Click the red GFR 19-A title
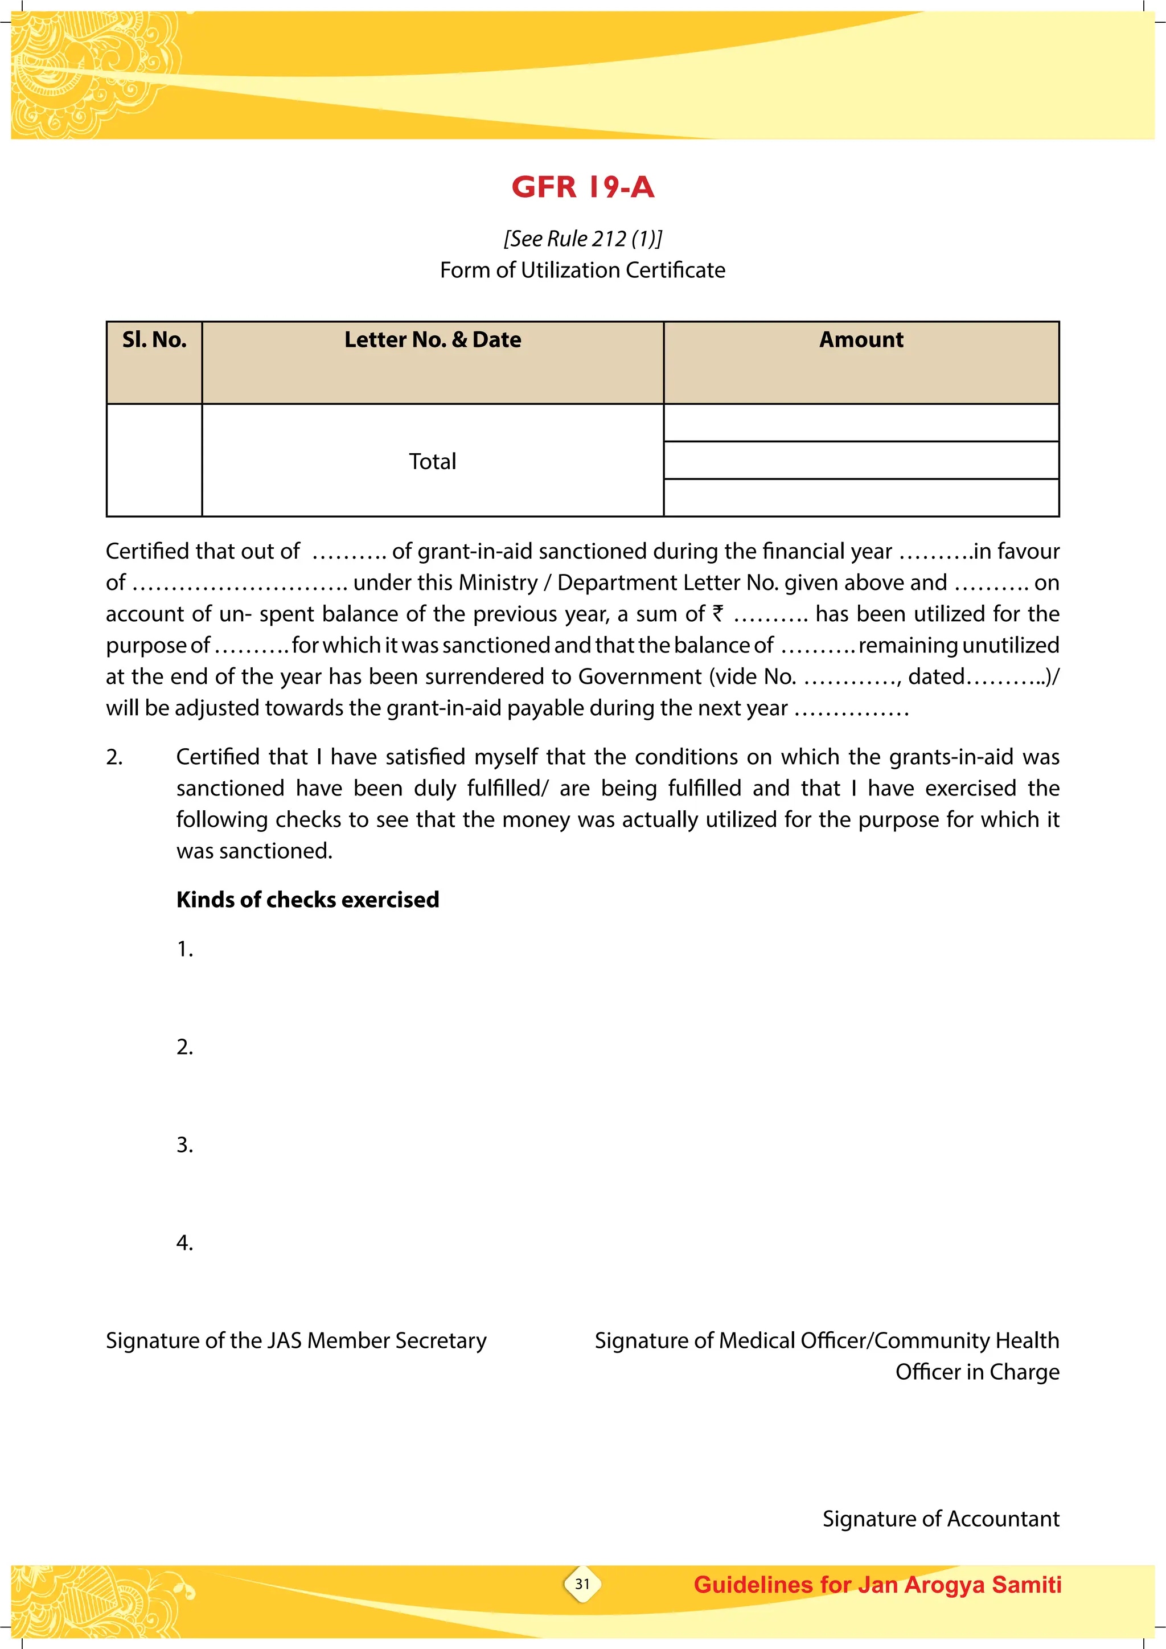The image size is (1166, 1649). pos(582,187)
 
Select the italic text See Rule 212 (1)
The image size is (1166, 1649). pos(582,239)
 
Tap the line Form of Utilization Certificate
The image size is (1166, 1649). pos(582,270)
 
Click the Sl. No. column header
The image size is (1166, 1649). pos(154,340)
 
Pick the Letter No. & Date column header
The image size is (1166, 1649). pos(432,340)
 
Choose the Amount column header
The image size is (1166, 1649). pos(861,340)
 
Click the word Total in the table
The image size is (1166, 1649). pos(432,461)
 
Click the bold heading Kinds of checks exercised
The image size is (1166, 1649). pos(307,899)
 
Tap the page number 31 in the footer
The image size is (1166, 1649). pos(582,1584)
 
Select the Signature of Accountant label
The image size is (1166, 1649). pos(941,1518)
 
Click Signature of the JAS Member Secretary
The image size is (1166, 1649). pos(296,1340)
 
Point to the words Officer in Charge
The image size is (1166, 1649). pos(976,1372)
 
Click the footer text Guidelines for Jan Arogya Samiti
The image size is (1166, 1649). pos(877,1584)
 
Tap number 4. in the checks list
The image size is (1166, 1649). pos(184,1242)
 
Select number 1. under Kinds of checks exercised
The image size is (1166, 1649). pos(184,949)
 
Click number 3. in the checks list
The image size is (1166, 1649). pos(184,1145)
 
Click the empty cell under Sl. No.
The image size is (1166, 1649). pos(154,460)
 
